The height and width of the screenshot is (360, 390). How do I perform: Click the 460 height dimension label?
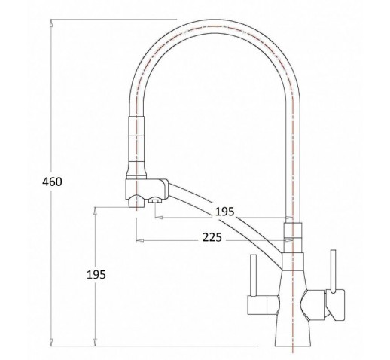52,182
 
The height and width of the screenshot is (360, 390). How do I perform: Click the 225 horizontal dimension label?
212,237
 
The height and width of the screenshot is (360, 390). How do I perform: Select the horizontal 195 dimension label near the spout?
224,212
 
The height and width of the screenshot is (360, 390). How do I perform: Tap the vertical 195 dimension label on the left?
96,275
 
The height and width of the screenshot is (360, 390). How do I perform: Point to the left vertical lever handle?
253,276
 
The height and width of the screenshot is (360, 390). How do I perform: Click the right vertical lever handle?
333,271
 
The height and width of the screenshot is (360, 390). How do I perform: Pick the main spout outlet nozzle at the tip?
136,201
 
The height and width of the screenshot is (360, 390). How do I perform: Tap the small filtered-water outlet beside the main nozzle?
155,200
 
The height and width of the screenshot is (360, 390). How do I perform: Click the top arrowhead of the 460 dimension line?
51,23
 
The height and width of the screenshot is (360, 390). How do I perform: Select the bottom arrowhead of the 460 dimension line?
51,342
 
